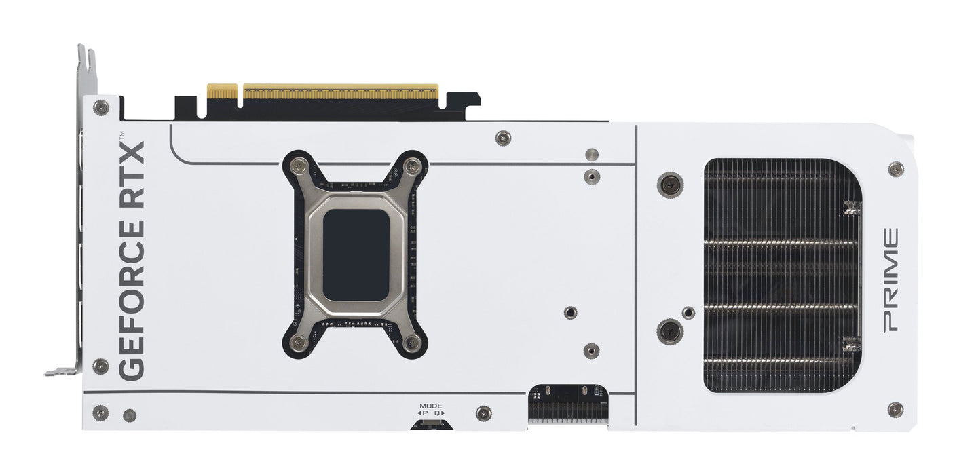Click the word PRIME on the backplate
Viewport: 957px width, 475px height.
point(889,280)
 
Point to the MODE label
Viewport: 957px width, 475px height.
point(430,405)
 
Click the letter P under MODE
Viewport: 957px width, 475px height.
point(424,413)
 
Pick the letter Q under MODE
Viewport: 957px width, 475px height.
point(438,413)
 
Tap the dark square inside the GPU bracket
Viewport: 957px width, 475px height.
point(356,254)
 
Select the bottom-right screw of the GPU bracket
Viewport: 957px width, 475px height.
point(412,343)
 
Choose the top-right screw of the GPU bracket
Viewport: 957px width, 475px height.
point(412,165)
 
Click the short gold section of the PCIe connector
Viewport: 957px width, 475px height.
point(222,92)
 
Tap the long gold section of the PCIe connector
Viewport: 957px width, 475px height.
point(340,92)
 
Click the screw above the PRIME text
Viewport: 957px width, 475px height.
point(895,169)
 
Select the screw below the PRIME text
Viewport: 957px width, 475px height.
point(895,409)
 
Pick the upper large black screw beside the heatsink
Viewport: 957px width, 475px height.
point(670,185)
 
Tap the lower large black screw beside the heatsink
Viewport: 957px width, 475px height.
point(670,332)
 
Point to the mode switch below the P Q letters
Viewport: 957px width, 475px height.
point(431,425)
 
